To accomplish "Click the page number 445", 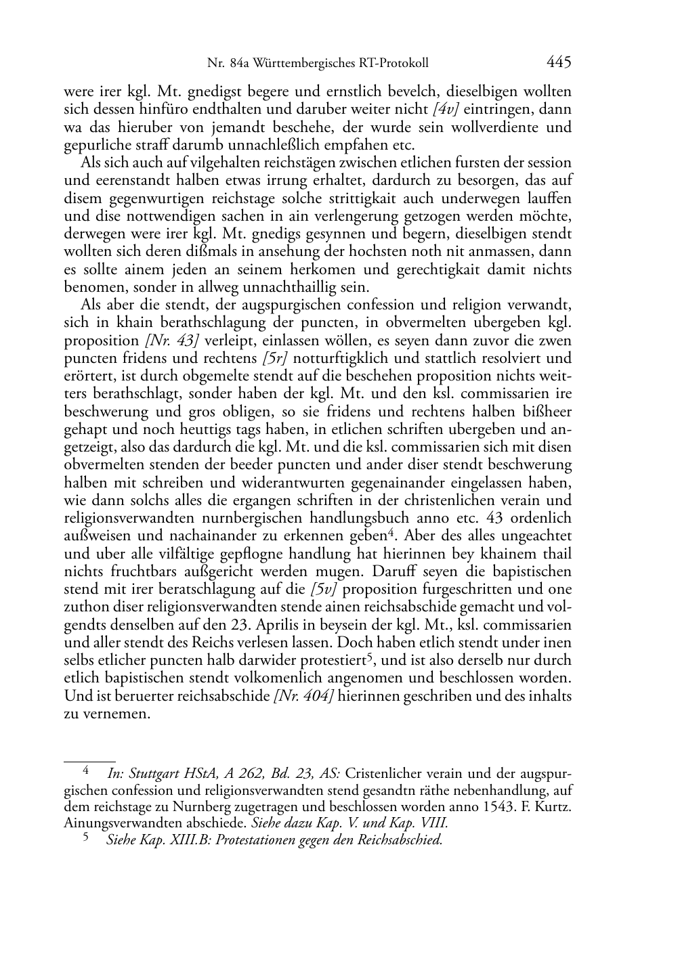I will (x=559, y=63).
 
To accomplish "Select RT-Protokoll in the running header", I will (x=396, y=64).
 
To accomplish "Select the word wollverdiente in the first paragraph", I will (x=496, y=127).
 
